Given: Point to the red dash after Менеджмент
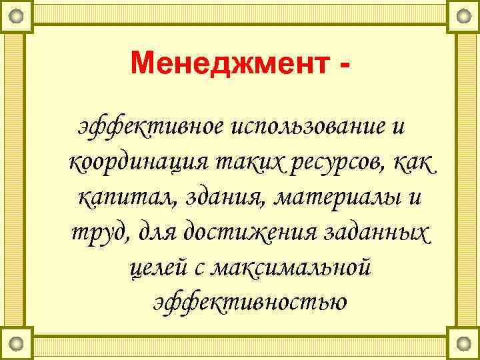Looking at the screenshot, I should coord(343,67).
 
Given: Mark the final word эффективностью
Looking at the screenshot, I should coord(249,303).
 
